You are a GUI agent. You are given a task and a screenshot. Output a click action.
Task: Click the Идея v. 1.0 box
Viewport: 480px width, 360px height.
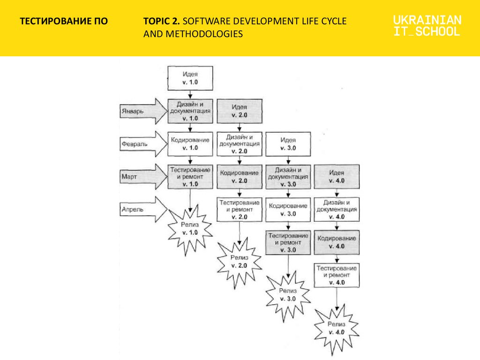(190, 78)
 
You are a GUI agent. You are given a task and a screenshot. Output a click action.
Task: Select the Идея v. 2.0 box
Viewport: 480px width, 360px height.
(240, 111)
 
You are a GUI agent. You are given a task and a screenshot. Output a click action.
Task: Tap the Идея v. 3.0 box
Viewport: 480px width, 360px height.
(288, 144)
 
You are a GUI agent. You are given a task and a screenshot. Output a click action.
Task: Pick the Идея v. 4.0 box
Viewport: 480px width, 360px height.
(337, 177)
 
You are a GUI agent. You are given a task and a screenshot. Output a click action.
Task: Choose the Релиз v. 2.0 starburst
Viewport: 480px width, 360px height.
(240, 262)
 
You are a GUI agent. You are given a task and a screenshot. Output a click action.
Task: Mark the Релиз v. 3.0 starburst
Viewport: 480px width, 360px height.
(288, 295)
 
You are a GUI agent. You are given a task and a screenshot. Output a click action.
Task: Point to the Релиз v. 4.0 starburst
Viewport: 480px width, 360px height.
(337, 329)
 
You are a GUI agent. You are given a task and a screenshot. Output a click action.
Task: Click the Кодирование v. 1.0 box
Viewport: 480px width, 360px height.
(190, 144)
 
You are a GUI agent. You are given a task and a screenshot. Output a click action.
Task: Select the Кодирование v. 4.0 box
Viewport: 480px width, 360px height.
(337, 242)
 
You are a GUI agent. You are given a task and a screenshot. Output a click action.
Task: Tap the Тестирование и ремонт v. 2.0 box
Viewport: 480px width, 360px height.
(240, 210)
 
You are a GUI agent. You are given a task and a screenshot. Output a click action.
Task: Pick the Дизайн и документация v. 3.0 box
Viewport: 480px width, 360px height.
(288, 177)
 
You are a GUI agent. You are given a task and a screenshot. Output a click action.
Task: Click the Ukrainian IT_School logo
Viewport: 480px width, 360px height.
(427, 26)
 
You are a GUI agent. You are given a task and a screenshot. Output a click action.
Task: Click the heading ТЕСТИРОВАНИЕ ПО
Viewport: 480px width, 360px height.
(64, 21)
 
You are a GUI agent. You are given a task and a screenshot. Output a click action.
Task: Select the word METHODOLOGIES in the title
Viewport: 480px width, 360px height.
(204, 34)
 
